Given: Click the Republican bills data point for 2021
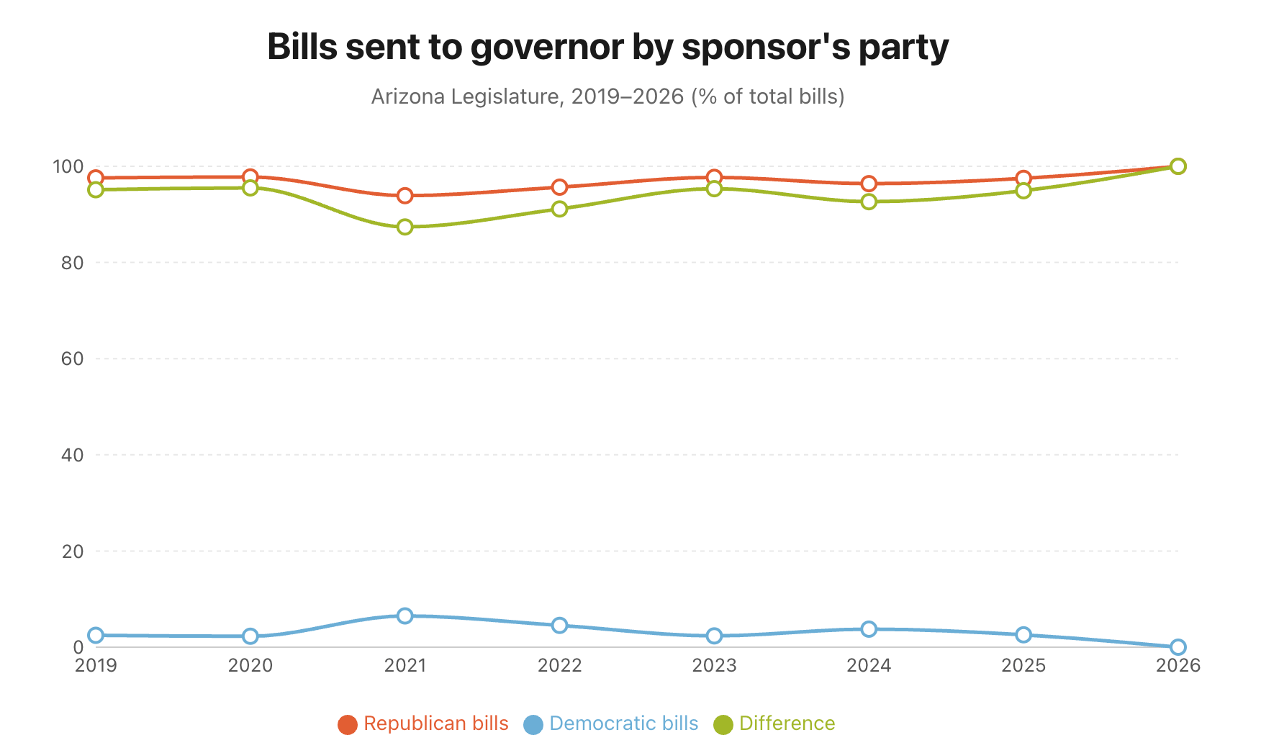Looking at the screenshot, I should (405, 196).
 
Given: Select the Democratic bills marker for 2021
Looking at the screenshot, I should (405, 616).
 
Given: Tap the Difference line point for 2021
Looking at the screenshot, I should (405, 227).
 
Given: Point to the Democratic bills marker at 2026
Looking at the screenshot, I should (1178, 647).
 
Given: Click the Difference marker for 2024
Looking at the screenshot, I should (869, 202).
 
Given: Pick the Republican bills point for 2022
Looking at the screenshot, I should (560, 187).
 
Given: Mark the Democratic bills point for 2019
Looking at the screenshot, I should (96, 635).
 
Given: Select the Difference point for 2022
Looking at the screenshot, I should (560, 209).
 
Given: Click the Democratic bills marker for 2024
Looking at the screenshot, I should (869, 629).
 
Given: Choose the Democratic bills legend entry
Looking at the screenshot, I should (611, 723).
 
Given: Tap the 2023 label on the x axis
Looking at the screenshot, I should (714, 665).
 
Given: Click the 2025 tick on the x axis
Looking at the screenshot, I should (1023, 665).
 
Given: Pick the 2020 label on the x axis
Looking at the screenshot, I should (250, 665).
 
